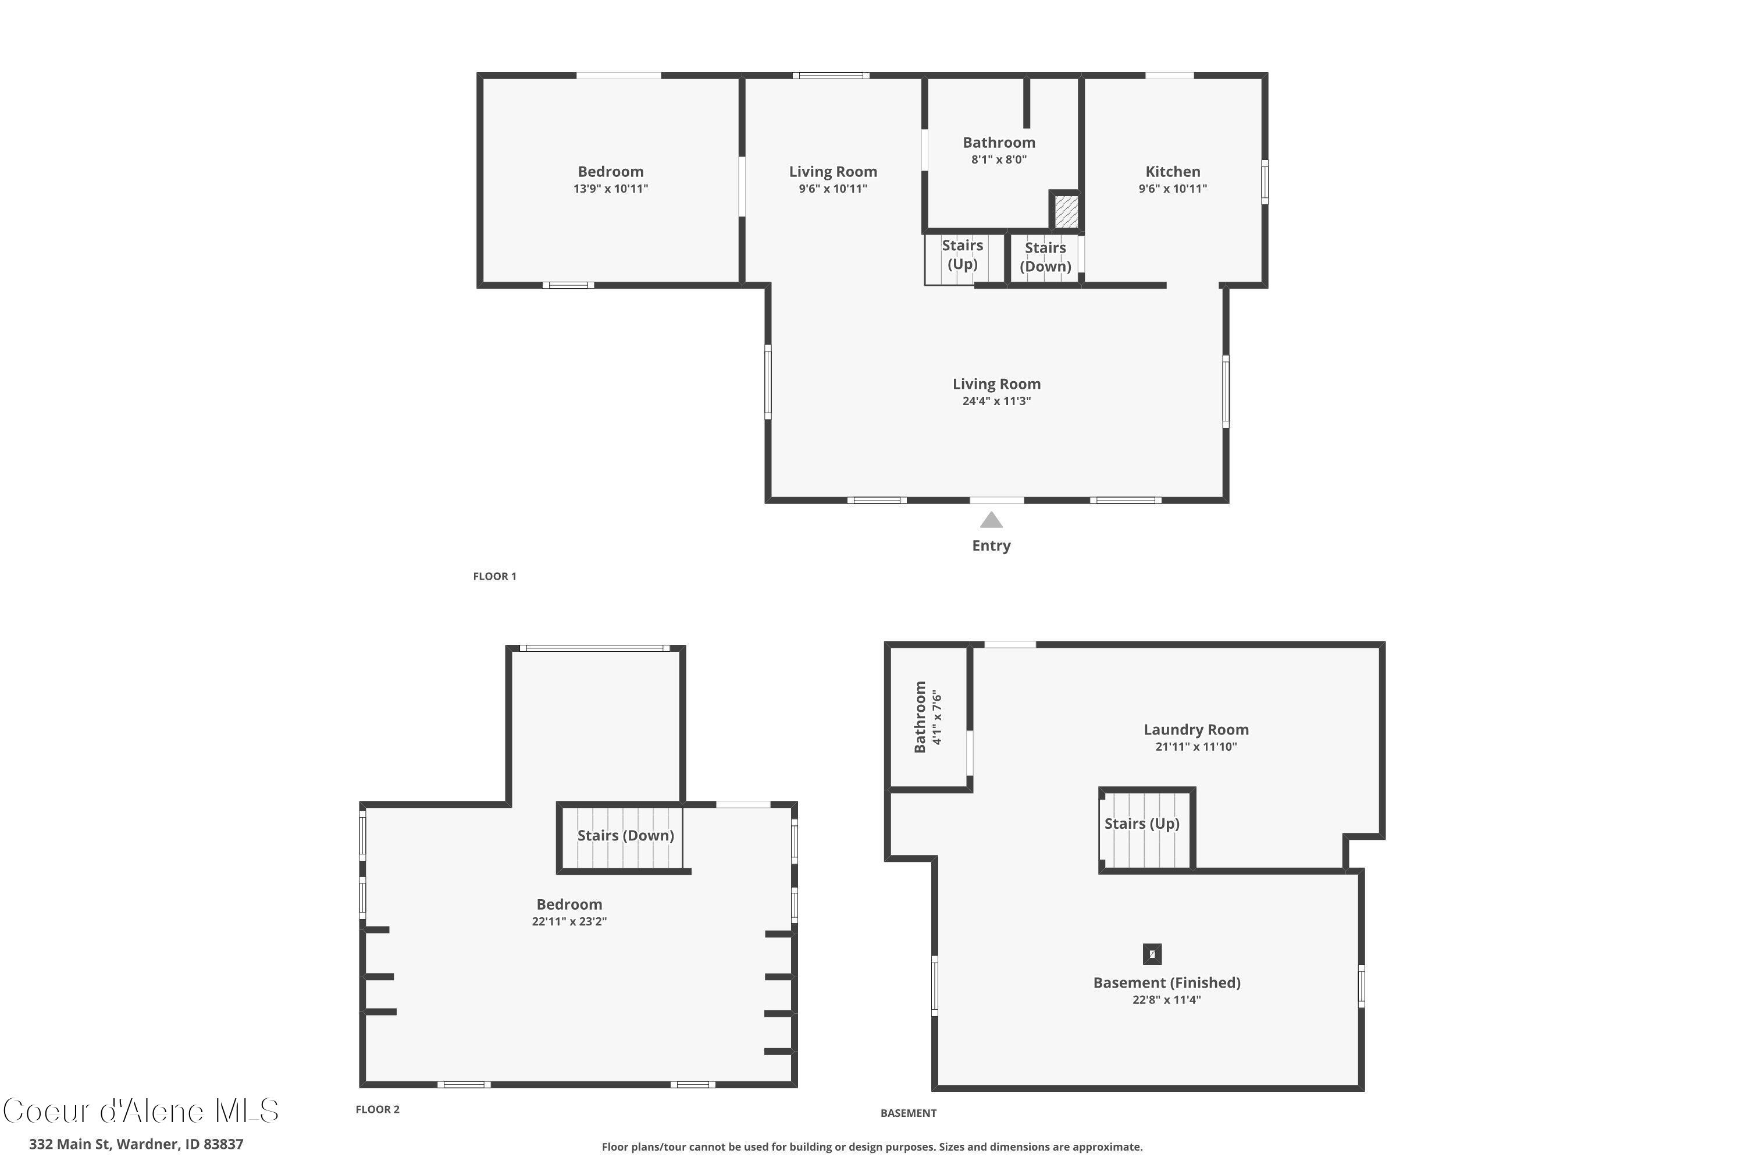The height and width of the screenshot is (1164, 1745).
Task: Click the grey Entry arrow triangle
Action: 991,520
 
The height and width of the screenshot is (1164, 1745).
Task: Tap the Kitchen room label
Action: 1172,172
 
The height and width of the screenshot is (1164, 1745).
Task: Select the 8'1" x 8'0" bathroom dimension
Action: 999,159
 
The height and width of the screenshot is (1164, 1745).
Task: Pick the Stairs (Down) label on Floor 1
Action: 1045,257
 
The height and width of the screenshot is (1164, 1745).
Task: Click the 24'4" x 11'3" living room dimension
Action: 996,402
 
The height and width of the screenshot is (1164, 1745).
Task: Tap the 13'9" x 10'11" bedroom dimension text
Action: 611,189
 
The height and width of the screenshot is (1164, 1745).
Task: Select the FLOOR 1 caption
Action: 495,576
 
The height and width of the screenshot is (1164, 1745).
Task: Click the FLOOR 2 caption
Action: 377,1109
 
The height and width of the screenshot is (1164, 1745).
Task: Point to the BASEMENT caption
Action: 908,1113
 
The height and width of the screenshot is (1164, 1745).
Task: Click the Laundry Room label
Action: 1196,730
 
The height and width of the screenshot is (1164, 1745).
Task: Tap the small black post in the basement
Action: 1152,954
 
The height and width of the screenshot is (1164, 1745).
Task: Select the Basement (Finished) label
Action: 1166,983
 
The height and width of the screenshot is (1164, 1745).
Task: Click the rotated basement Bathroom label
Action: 920,716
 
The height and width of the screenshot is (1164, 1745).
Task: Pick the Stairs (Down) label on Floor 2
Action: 625,835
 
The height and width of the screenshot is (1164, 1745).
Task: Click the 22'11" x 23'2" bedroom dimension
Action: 569,922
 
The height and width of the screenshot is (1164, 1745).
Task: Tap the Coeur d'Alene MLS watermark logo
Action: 141,1111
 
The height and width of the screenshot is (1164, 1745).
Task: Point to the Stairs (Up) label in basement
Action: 1141,824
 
